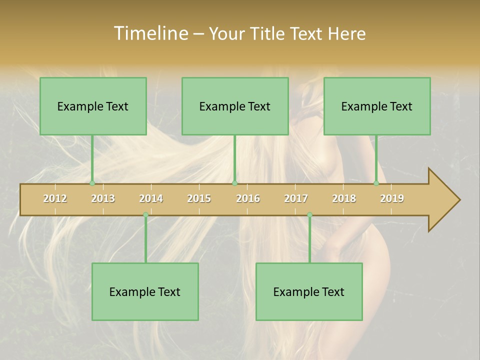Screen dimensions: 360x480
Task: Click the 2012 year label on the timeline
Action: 55,198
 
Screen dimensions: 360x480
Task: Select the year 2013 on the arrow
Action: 103,198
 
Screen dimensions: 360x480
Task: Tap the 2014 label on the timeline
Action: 151,198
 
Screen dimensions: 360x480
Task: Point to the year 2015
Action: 199,198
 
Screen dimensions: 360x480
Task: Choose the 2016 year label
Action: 248,198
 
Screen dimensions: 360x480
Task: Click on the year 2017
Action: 296,198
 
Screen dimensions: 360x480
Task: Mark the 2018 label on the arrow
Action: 344,198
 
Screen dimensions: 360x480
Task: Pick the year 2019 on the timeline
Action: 392,198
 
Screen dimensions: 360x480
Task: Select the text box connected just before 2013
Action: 93,106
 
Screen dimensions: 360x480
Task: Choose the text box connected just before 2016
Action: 235,106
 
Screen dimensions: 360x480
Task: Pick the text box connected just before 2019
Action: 377,106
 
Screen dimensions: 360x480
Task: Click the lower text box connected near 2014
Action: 145,291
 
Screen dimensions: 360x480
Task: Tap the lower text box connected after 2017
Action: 309,291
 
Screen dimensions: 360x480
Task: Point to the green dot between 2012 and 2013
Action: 92,183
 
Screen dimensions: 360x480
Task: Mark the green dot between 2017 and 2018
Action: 309,215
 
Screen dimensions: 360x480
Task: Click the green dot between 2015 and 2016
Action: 235,183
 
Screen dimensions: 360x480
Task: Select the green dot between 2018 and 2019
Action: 376,183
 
